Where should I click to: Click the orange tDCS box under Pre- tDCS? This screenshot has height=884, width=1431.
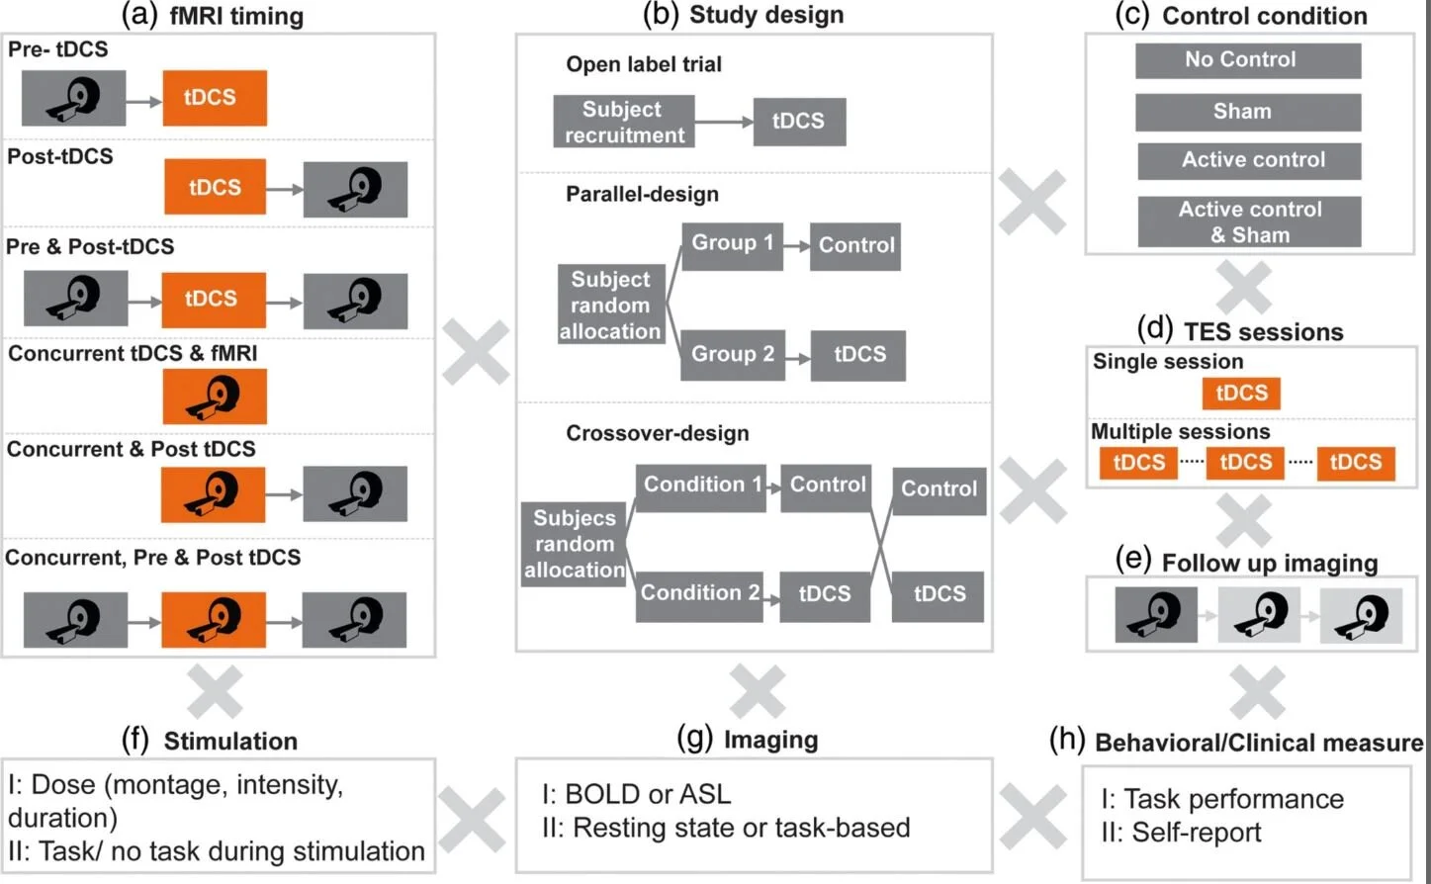(215, 98)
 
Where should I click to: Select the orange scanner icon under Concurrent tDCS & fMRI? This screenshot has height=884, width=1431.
(215, 397)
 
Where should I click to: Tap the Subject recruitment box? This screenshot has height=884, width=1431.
(623, 122)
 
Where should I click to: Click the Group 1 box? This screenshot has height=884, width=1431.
(732, 243)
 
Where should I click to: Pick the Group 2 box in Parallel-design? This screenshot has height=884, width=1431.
(732, 355)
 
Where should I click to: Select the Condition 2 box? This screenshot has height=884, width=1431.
(699, 594)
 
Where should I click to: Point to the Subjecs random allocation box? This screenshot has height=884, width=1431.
(574, 544)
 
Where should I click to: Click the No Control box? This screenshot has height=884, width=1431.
(1247, 60)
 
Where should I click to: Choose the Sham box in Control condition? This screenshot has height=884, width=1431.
(1247, 112)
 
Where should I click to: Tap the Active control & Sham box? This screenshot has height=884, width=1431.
(1249, 222)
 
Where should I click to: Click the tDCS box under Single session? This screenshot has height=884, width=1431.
(1241, 394)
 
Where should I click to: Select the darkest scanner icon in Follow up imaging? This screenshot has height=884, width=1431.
(1155, 615)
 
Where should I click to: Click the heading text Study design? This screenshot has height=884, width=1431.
(765, 15)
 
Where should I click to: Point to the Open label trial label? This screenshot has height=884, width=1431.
(643, 64)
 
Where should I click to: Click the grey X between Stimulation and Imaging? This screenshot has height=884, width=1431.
(473, 820)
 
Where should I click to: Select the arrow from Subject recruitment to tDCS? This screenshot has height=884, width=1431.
(723, 122)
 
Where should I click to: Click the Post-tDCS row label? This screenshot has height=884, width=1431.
(60, 156)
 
